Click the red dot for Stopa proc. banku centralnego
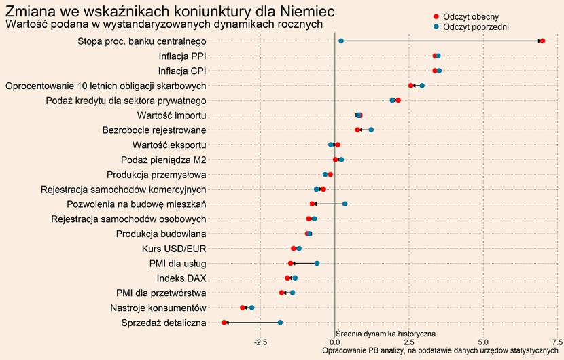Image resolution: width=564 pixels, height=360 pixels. [542, 41]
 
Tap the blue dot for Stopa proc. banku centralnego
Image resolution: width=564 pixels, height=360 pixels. [341, 41]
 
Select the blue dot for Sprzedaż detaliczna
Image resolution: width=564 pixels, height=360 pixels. [280, 322]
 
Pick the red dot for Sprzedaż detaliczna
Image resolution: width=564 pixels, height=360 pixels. [224, 322]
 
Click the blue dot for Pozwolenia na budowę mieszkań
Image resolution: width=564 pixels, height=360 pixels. [345, 204]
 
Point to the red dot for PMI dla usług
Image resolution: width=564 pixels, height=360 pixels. [291, 263]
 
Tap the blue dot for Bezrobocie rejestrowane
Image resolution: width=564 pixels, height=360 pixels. [371, 130]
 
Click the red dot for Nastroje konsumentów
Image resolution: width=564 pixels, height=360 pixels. [243, 308]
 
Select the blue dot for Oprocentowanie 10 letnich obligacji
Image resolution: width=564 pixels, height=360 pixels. [422, 86]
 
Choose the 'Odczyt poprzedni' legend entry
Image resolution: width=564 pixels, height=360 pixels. [475, 26]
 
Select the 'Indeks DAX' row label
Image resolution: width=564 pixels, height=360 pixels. [181, 278]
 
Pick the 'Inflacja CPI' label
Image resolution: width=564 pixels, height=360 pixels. [182, 71]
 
